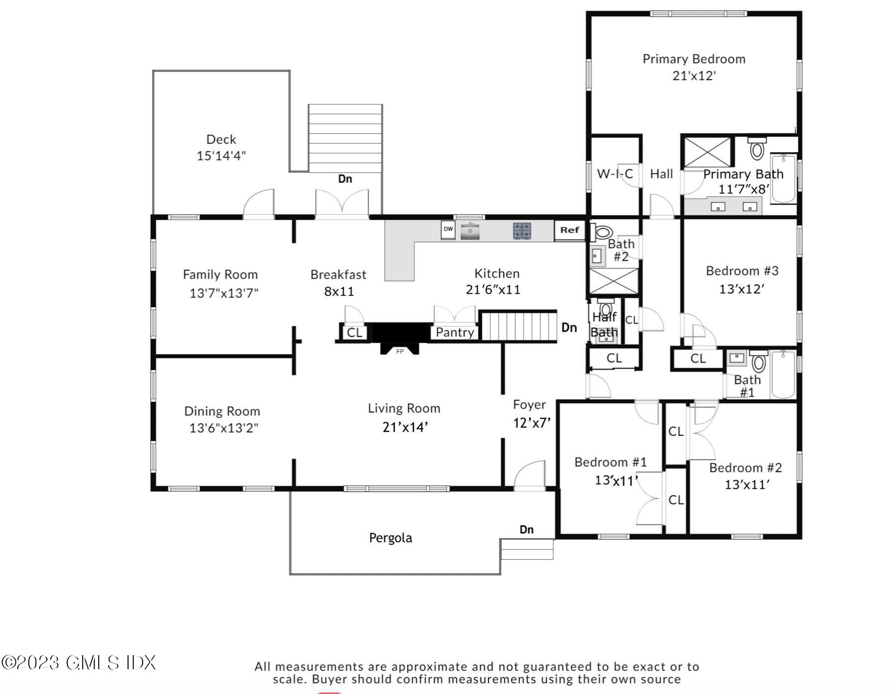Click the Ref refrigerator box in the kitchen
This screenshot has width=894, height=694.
coord(570,230)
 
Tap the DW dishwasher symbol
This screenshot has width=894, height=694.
coord(448,230)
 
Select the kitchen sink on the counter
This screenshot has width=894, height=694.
coord(470,231)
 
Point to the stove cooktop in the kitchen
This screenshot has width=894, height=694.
coord(522,231)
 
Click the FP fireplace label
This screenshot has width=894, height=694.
coord(400,351)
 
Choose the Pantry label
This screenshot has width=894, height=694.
coord(455,333)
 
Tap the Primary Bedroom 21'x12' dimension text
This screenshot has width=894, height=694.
coord(694,76)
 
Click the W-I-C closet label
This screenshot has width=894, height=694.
coord(615,174)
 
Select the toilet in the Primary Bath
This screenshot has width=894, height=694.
coord(756,148)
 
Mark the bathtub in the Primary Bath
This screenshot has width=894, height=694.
coord(783,178)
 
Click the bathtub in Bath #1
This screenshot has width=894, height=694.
coord(783,374)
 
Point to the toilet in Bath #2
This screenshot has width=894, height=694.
coord(602,232)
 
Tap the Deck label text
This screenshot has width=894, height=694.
coord(221,139)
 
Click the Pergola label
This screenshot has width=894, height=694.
coord(391,538)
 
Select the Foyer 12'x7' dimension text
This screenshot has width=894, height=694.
coord(532,423)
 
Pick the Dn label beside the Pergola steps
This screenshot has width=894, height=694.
coord(527,530)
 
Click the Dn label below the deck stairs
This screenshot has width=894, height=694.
coord(345,179)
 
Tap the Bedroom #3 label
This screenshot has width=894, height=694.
coord(742,271)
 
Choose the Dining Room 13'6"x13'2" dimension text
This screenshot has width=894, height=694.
coord(224,428)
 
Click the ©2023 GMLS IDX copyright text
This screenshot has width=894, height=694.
coord(79,663)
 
